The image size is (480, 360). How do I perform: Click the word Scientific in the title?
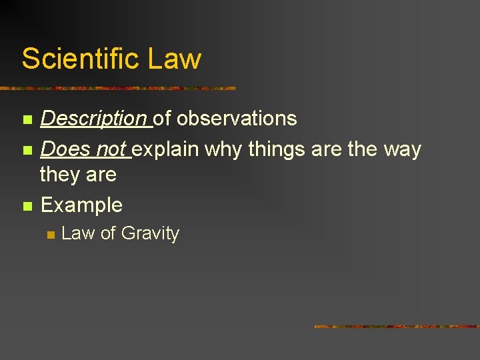[x=80, y=58]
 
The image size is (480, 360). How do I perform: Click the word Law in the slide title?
[x=174, y=58]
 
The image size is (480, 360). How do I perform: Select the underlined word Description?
[x=94, y=119]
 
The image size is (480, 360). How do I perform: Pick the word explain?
[x=167, y=149]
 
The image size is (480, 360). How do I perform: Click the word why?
[x=223, y=149]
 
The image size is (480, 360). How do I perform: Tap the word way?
[x=403, y=149]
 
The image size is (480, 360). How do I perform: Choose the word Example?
[x=81, y=205]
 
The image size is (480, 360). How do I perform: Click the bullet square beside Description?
[x=27, y=120]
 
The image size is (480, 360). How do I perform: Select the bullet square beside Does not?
[x=27, y=151]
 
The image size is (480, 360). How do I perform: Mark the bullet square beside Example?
[x=27, y=206]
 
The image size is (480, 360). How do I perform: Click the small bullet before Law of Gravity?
[x=50, y=235]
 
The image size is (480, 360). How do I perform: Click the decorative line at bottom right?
[x=396, y=327]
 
